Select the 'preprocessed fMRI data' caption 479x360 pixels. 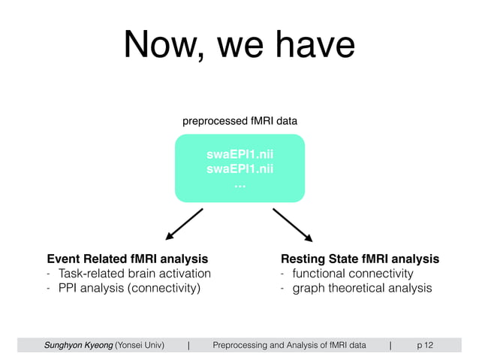(x=239, y=120)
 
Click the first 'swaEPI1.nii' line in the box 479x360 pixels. (x=239, y=155)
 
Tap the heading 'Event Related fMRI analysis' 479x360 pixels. (x=127, y=259)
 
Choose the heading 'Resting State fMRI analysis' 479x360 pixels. (x=360, y=259)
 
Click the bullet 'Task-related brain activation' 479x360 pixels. (x=134, y=274)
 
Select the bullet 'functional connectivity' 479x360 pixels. (x=352, y=274)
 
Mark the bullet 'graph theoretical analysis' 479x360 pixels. (x=362, y=288)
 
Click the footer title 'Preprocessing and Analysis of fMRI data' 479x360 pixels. (x=289, y=345)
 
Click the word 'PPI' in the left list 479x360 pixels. (x=68, y=288)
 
